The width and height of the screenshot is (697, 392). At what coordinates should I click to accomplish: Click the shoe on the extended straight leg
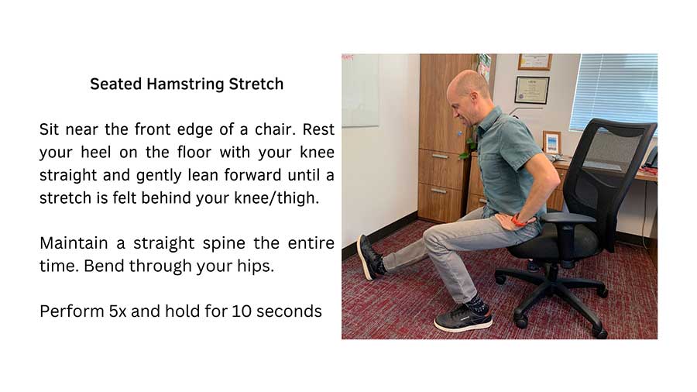click(x=371, y=256)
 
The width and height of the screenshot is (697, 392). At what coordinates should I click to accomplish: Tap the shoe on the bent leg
click(x=463, y=319)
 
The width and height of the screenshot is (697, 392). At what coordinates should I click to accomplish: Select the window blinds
click(x=613, y=93)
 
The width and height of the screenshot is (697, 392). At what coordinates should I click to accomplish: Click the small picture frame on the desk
click(x=551, y=143)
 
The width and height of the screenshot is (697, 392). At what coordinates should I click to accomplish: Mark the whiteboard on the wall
click(x=360, y=90)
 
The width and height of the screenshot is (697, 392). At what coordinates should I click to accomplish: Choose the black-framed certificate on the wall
click(x=532, y=89)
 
